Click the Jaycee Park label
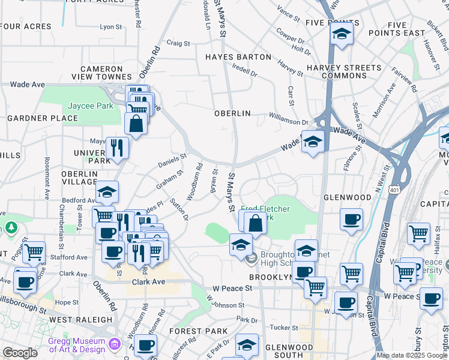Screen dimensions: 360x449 (90, 106)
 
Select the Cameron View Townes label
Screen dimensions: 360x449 (101, 73)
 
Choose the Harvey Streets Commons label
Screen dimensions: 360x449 (343, 71)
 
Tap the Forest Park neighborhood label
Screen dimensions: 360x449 (198, 331)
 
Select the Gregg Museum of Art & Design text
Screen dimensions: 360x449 (77, 345)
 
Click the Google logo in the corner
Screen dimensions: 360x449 (19, 353)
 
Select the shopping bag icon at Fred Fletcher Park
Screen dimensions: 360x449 (255, 222)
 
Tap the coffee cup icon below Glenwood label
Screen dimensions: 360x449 (351, 219)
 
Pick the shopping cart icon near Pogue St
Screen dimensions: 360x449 (34, 251)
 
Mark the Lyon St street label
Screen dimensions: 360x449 (110, 27)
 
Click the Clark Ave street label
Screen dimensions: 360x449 (148, 281)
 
